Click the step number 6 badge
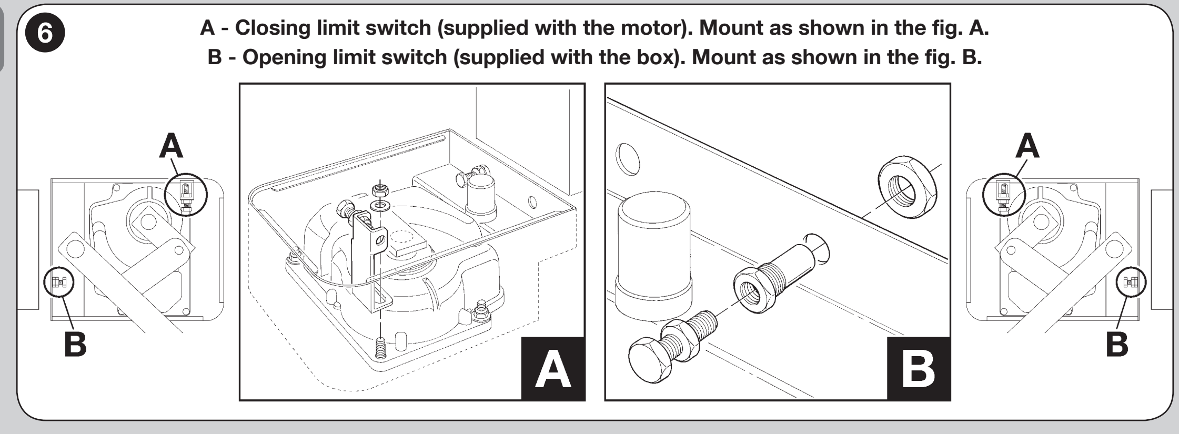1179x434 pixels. (45, 34)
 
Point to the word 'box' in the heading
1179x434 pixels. (656, 57)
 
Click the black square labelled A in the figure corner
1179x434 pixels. (553, 368)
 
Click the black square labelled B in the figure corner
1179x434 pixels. (919, 368)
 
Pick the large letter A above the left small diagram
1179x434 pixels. (171, 146)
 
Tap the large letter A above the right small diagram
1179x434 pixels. (1027, 146)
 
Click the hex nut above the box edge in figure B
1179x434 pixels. (908, 187)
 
